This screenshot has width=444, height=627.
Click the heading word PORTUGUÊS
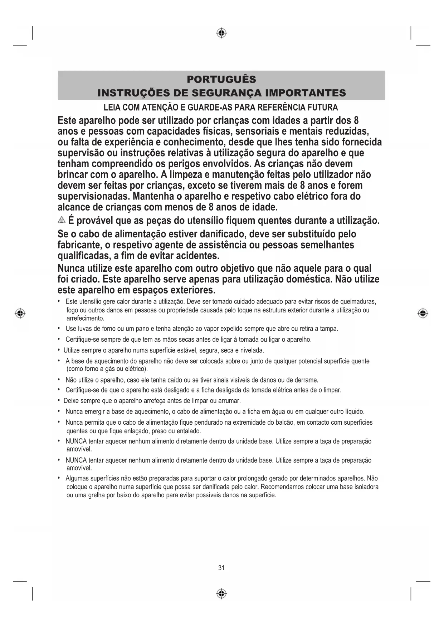pos(221,79)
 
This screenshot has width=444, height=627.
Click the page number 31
pos(221,568)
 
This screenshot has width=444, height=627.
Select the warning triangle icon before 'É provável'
pos(62,220)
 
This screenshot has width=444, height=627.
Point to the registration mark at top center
pos(221,33)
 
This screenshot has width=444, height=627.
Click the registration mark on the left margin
pos(20,313)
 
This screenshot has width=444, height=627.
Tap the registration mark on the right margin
pos(423,313)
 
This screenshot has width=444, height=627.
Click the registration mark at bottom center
pos(221,594)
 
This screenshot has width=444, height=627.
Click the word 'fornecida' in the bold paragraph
pos(362,142)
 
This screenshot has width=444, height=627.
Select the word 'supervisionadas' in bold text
pos(94,196)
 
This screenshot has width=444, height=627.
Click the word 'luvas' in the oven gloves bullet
pos(85,329)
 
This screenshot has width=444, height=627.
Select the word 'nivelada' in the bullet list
pos(252,350)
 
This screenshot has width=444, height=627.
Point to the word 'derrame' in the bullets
pos(307,380)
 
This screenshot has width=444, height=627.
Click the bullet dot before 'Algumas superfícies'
pos(59,478)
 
